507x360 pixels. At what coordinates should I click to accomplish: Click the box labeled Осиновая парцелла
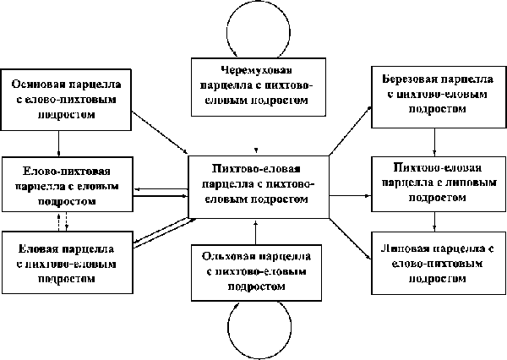point(67,101)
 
